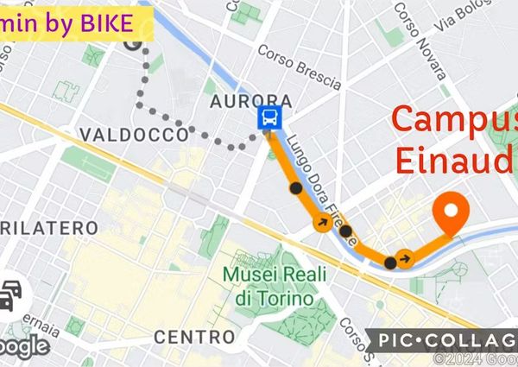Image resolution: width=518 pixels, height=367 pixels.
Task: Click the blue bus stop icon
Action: (268, 119)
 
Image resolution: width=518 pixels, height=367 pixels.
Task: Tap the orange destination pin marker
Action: (450, 211)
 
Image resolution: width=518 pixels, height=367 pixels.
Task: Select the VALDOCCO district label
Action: (132, 134)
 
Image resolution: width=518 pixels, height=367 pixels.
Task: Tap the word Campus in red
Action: (455, 122)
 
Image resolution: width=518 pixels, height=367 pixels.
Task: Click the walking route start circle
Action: (132, 43)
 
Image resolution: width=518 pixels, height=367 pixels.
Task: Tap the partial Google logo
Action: (22, 345)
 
